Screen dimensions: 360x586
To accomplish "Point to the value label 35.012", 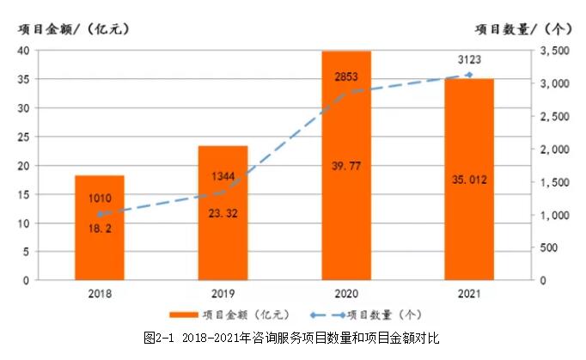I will point(469,180).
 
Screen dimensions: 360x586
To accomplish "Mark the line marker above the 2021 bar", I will point(469,75).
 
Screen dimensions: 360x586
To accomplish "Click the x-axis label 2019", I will point(223,292).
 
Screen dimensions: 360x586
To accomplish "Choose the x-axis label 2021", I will point(469,292).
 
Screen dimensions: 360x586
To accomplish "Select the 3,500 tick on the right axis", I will point(554,52).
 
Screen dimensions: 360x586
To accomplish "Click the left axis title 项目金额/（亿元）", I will point(74,27).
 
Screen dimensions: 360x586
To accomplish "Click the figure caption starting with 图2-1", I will point(291,338).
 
